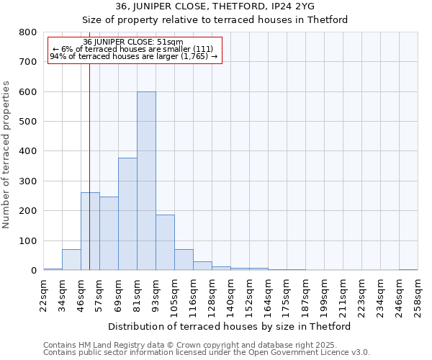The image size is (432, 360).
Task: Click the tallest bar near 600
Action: coord(146,181)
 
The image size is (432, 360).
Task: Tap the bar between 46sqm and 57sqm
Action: coord(90,231)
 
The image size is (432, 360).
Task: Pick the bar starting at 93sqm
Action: coord(165,242)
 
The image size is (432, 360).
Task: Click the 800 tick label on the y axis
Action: coord(28,32)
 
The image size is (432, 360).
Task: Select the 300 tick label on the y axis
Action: coord(28,181)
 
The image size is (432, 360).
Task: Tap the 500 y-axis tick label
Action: coord(28,122)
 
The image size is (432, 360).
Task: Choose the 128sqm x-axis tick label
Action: coord(212,295)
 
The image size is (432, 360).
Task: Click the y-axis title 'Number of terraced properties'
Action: coord(7,154)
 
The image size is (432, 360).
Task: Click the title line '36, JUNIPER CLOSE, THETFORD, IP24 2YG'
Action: coord(215,6)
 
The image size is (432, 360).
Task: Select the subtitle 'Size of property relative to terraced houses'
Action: coord(215,19)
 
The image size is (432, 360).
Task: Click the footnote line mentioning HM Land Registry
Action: coord(206,345)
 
